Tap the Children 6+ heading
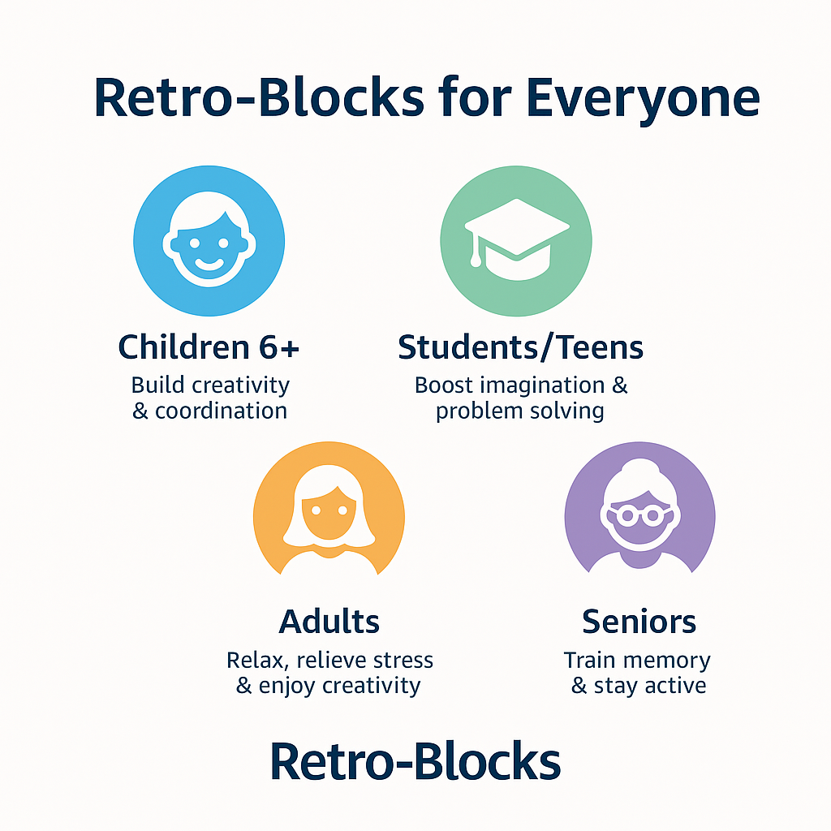tap(209, 347)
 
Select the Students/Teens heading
tap(520, 347)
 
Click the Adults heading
tap(329, 622)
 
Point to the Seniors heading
tap(639, 622)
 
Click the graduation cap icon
tap(517, 239)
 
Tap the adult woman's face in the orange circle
tap(329, 514)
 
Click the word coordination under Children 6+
tap(221, 411)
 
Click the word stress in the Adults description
tap(403, 661)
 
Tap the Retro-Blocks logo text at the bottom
tap(415, 761)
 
